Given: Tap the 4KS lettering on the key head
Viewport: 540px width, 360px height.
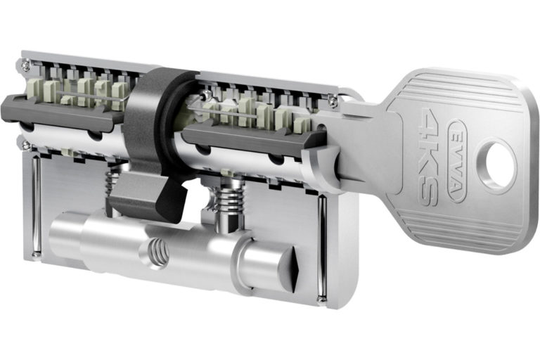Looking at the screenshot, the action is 429,157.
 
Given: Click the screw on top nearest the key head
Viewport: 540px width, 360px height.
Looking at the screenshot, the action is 332,101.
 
